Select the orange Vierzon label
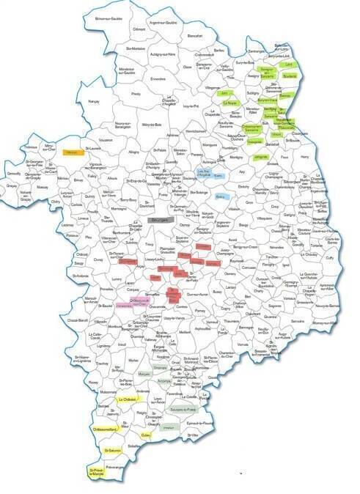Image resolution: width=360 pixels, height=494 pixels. tap(72, 152)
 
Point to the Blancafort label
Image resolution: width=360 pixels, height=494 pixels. tap(194, 35)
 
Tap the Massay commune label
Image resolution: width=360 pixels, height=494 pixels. tap(42, 187)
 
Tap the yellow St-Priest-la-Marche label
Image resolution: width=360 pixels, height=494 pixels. tap(97, 472)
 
